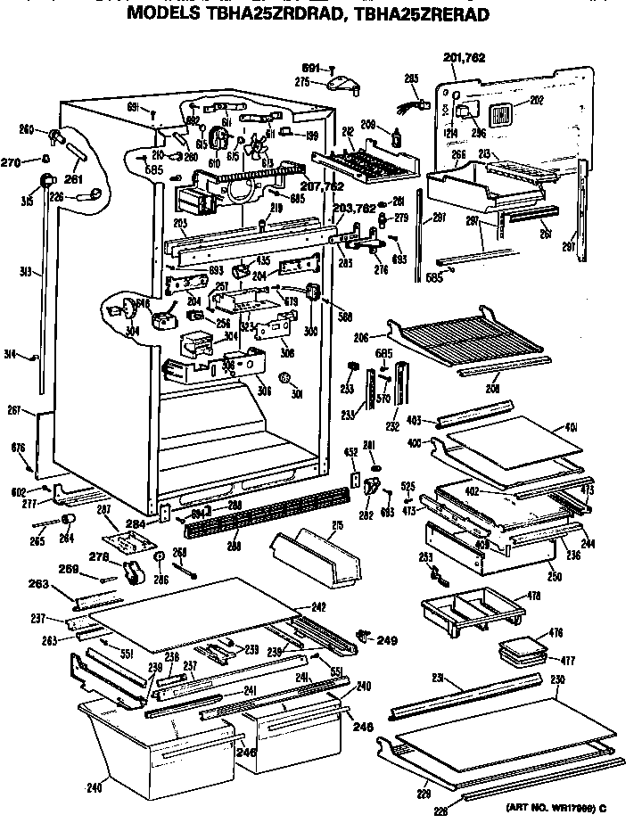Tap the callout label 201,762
(x=463, y=60)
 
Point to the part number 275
(x=301, y=82)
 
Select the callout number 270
(x=10, y=161)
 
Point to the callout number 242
(x=319, y=606)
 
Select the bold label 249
(x=387, y=638)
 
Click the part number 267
(x=14, y=410)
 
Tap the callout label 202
(x=536, y=100)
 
